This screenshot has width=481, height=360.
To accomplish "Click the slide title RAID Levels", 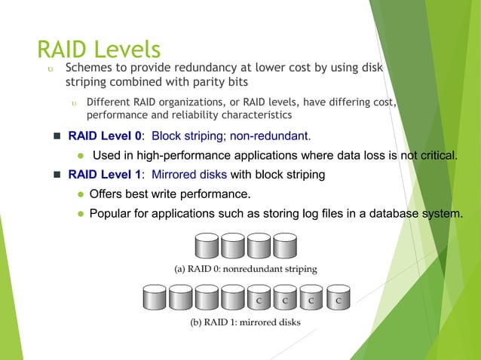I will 99,49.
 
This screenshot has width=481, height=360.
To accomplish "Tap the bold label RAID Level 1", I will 104,175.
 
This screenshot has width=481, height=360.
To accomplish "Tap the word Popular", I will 113,212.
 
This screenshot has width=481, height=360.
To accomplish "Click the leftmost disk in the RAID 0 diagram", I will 207,246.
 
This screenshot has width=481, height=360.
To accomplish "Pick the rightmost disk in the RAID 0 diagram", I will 284,246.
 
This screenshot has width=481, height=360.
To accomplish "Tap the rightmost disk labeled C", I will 338,297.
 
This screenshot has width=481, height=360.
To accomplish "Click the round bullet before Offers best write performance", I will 80,194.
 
